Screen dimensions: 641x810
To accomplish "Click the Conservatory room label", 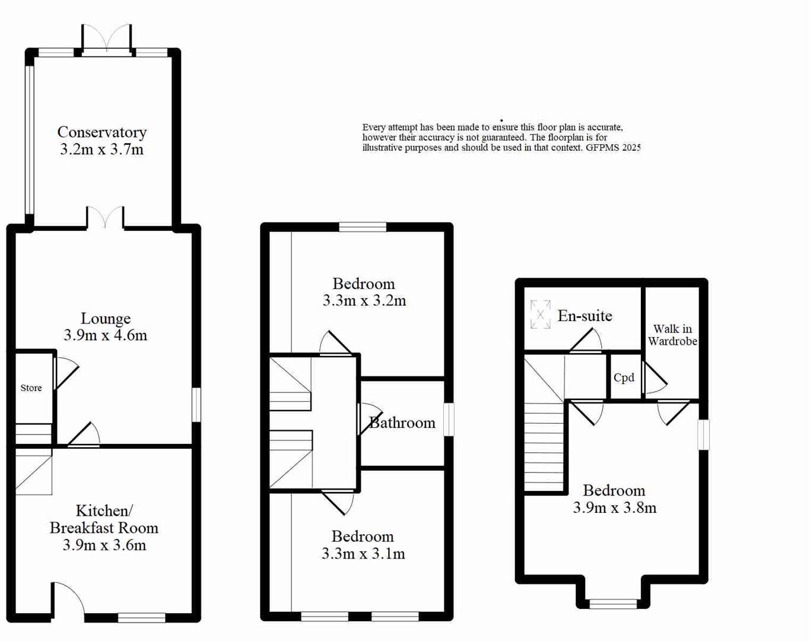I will (101, 132).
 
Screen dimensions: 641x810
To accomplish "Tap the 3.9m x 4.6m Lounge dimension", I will (105, 335).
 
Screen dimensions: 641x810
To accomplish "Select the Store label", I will (31, 388).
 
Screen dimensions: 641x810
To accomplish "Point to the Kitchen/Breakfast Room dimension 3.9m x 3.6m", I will (104, 545).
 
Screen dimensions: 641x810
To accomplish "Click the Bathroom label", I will (403, 423).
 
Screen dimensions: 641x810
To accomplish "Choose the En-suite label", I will (585, 316).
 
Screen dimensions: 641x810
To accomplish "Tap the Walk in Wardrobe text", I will (672, 335).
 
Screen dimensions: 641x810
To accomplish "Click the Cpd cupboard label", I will (624, 377).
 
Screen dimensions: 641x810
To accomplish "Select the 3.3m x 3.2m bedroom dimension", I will (364, 301).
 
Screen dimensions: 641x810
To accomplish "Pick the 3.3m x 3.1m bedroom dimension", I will (363, 554).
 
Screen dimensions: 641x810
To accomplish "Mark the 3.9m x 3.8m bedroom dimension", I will (614, 507).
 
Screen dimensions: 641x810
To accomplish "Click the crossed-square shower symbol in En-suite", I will (540, 314).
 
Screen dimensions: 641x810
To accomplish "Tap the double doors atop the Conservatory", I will (106, 39).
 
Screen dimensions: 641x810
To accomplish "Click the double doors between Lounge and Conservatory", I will (106, 217).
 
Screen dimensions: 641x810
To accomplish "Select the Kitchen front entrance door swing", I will (68, 598).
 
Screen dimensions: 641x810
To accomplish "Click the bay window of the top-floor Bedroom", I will (613, 604).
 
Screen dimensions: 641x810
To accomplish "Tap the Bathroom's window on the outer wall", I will (449, 420).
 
